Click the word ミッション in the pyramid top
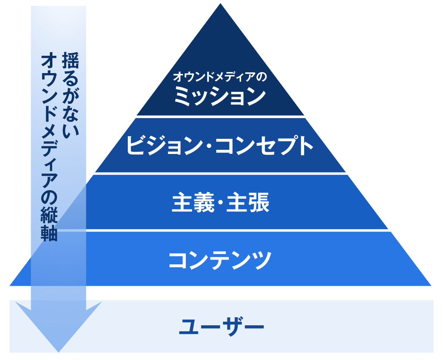pos(220,96)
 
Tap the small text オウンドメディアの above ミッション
pos(220,76)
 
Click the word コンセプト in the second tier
pos(264,145)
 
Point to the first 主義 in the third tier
pos(193,202)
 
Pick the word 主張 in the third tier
pos(248,202)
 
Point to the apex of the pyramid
pos(220,4)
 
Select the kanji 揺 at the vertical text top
pos(71,60)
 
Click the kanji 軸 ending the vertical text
pos(49,233)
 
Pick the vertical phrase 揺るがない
pos(71,95)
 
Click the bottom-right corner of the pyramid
pos(431,286)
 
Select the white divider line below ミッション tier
pos(220,117)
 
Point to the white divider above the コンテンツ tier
pos(237,230)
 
